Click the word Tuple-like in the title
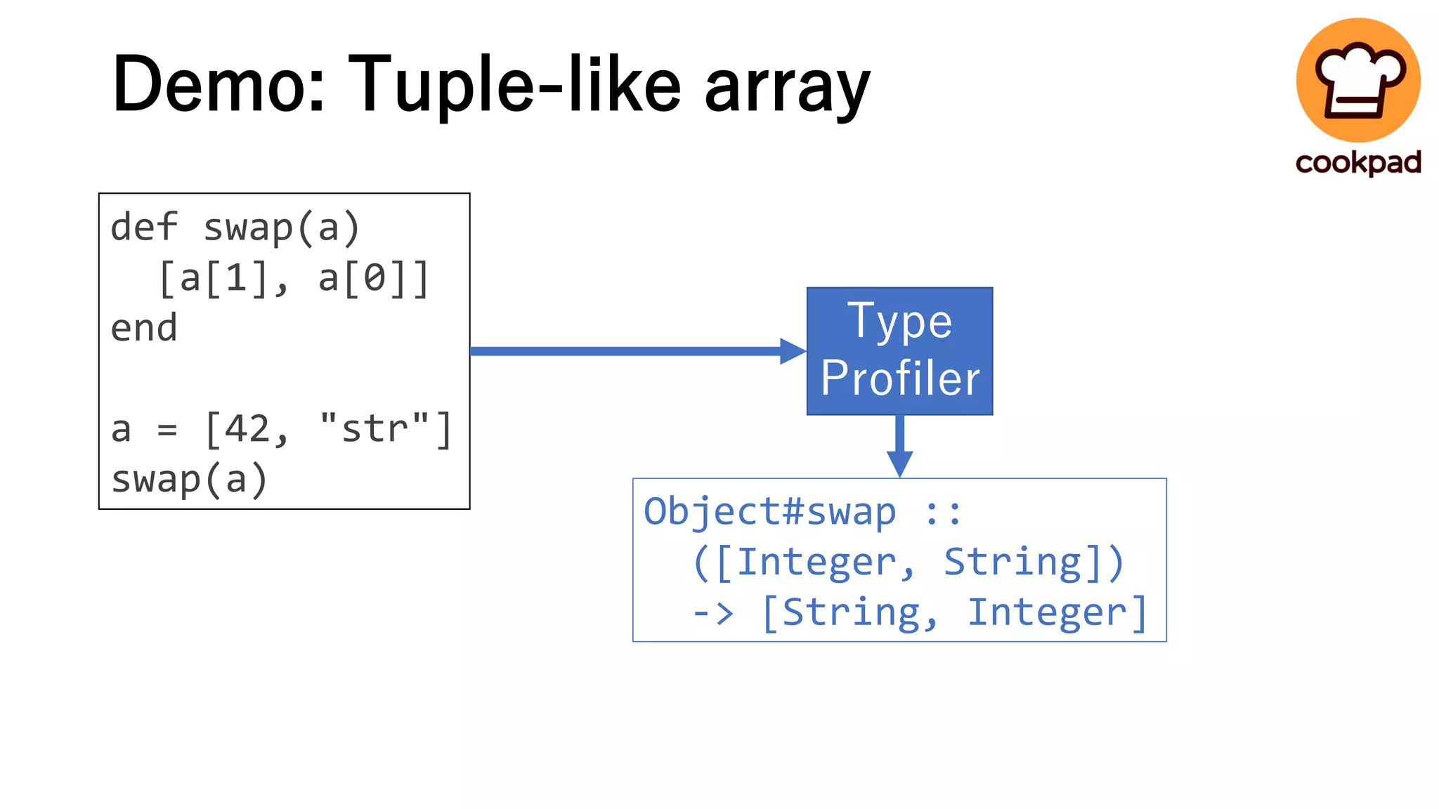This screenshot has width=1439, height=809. coord(514,84)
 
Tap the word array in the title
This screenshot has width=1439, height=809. coord(787,88)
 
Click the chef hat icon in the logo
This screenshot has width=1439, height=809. coord(1357,79)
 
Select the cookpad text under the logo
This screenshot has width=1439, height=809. coord(1357,162)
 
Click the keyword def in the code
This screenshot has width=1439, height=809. coord(144,228)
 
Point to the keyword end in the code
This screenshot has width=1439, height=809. coord(144,328)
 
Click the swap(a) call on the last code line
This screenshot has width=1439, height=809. coord(190,480)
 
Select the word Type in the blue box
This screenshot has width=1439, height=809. coord(899,322)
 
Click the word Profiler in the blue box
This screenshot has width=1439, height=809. coord(899,378)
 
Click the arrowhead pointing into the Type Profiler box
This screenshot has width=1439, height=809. coord(793,351)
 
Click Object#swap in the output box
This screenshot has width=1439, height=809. coord(770,511)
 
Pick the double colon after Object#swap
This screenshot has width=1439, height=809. coord(942,513)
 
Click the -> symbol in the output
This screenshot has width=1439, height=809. coord(712,613)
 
